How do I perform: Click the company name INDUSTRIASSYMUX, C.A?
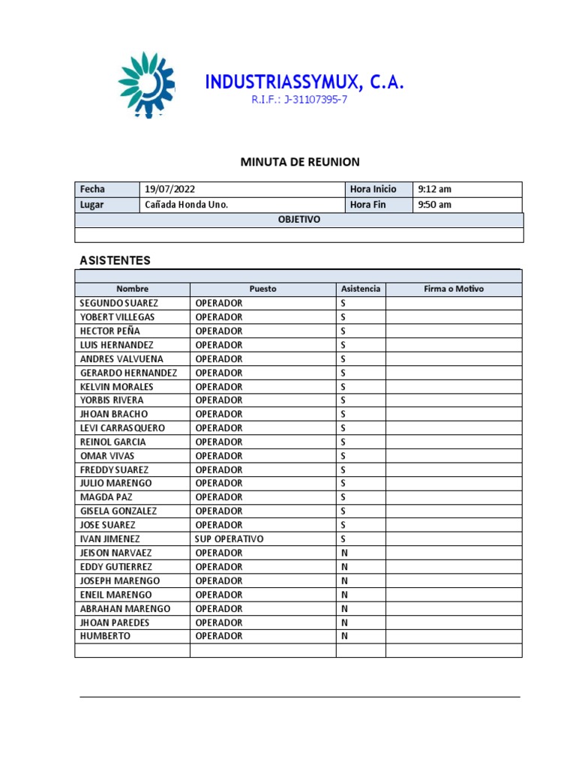(x=304, y=82)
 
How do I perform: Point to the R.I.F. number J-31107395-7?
(x=299, y=100)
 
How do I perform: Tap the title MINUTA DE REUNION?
(x=299, y=162)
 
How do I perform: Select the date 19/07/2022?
(x=170, y=190)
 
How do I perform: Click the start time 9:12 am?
(x=435, y=190)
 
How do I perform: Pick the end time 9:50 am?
(x=435, y=205)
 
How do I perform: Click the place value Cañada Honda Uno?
(x=186, y=205)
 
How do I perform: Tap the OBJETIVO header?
(x=299, y=220)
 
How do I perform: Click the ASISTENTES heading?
(x=115, y=261)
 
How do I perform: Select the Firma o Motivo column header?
(x=454, y=289)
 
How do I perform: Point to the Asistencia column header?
(x=361, y=289)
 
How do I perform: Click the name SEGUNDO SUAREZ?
(x=119, y=303)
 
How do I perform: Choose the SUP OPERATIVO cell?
(x=229, y=539)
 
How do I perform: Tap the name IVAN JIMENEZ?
(x=109, y=539)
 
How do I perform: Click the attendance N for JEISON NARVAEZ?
(x=344, y=553)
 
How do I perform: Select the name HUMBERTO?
(x=105, y=636)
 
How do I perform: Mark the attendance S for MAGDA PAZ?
(x=343, y=497)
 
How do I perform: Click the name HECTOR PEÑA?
(x=109, y=331)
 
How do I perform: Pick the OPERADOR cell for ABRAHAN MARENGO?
(x=219, y=608)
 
